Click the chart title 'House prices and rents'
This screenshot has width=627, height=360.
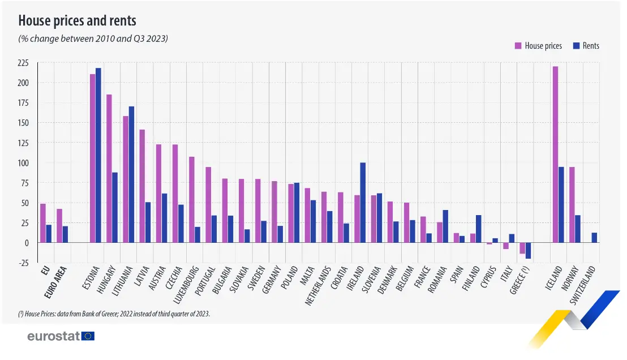(x=77, y=21)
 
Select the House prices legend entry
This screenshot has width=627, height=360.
(x=538, y=45)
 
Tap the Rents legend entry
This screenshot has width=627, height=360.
(x=586, y=45)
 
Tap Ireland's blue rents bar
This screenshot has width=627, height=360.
(x=363, y=203)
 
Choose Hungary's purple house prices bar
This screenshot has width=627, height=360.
(x=109, y=169)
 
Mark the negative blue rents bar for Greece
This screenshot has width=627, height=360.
(x=528, y=250)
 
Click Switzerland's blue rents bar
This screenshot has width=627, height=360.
(x=594, y=238)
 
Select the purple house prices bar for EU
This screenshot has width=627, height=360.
(x=43, y=223)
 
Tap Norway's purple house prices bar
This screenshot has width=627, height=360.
(x=572, y=205)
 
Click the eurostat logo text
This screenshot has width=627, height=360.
(x=53, y=336)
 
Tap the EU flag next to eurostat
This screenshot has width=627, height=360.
(x=88, y=336)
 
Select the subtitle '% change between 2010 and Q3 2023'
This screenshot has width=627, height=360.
(x=93, y=38)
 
